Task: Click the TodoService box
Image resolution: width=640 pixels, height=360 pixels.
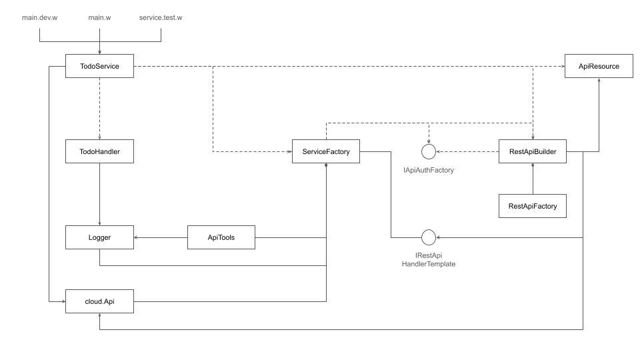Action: point(99,66)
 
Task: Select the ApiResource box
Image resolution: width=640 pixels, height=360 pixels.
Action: point(599,66)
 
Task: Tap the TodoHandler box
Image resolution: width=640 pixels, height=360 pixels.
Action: point(99,152)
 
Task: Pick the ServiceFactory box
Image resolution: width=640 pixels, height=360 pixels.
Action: point(326,152)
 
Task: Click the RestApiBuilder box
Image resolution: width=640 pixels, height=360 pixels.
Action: point(533,152)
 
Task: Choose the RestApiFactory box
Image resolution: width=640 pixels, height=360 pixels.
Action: point(533,206)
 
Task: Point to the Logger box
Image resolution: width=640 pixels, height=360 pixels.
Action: point(99,237)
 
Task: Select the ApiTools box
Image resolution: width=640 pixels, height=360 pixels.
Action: point(221,237)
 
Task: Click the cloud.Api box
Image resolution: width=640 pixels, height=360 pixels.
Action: point(99,302)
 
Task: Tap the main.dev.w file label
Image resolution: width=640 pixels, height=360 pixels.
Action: point(40,17)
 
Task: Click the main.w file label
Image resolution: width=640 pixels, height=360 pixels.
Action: point(99,17)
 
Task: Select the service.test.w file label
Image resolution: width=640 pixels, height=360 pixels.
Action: point(160,17)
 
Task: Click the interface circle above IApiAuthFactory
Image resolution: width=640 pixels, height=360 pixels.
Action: point(429,152)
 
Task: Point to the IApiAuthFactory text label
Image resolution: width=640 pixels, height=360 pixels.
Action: point(429,171)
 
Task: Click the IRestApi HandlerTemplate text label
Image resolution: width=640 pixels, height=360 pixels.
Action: point(428,260)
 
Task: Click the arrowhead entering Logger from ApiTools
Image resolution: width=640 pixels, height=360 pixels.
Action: point(137,237)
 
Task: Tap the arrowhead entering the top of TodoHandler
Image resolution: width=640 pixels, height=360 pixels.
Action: point(99,137)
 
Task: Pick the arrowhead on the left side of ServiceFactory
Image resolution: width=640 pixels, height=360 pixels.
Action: point(290,152)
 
